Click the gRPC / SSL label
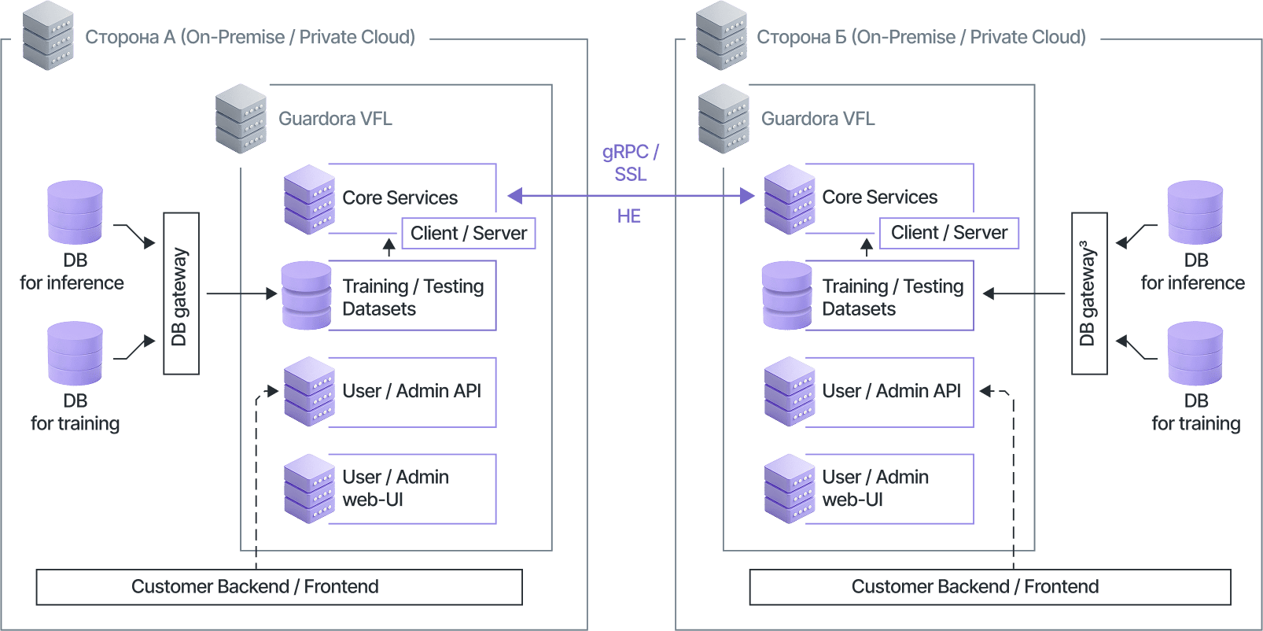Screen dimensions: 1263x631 pos(631,163)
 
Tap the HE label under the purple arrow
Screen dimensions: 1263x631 pos(628,216)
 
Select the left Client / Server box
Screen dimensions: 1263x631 pos(469,233)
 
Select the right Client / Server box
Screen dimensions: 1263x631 pos(949,232)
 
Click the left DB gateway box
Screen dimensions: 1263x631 pos(181,293)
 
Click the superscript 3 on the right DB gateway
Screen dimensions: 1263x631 pos(1084,245)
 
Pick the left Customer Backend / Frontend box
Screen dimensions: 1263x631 pos(279,587)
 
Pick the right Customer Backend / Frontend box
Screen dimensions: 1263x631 pos(990,587)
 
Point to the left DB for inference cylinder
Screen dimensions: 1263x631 pos(75,212)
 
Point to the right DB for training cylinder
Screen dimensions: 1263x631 pos(1195,353)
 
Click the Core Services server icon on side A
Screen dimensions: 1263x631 pos(309,199)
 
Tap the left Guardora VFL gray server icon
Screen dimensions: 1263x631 pos(241,119)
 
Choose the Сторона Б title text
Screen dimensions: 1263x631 pos(922,37)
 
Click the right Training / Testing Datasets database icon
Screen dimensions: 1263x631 pos(786,295)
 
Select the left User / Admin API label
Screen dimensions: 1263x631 pos(411,391)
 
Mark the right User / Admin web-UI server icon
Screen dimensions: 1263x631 pos(790,489)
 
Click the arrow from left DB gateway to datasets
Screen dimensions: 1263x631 pos(242,293)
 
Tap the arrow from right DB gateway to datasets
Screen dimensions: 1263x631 pos(1023,293)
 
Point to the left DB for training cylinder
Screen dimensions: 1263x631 pos(75,353)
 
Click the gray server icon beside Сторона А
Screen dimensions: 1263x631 pos(48,35)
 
